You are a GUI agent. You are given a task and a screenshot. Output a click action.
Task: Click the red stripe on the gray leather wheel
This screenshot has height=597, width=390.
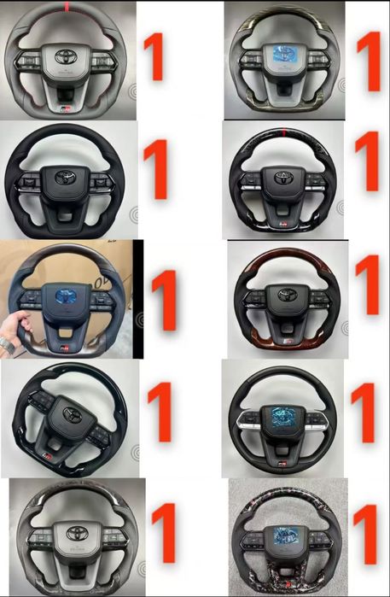(x=67, y=7)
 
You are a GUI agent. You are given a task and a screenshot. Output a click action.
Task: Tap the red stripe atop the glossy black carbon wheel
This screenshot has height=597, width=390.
(x=283, y=132)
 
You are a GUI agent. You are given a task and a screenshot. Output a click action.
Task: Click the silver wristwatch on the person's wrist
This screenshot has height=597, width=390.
(x=7, y=344)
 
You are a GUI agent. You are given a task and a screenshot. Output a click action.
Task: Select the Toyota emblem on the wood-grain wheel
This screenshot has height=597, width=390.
(x=288, y=295)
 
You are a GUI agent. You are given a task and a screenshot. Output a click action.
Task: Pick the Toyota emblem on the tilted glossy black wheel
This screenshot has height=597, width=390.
(x=73, y=415)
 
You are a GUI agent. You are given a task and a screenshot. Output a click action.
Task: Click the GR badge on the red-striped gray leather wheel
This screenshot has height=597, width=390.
(x=67, y=108)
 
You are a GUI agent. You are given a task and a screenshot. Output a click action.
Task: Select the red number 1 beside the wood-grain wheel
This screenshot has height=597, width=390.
(x=368, y=284)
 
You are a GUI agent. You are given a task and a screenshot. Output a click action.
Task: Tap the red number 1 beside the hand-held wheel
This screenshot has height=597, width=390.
(x=164, y=301)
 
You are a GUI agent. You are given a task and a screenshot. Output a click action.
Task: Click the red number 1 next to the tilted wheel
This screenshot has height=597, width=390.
(x=160, y=412)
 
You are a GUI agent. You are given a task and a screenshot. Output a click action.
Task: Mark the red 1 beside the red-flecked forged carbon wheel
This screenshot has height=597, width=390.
(x=365, y=535)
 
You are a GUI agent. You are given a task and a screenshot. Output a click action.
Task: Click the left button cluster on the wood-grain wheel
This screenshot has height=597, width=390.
(x=254, y=299)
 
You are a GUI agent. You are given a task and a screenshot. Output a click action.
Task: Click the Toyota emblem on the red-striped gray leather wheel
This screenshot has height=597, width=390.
(x=67, y=56)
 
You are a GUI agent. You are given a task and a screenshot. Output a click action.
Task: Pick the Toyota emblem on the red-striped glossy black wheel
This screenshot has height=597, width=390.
(x=283, y=178)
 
